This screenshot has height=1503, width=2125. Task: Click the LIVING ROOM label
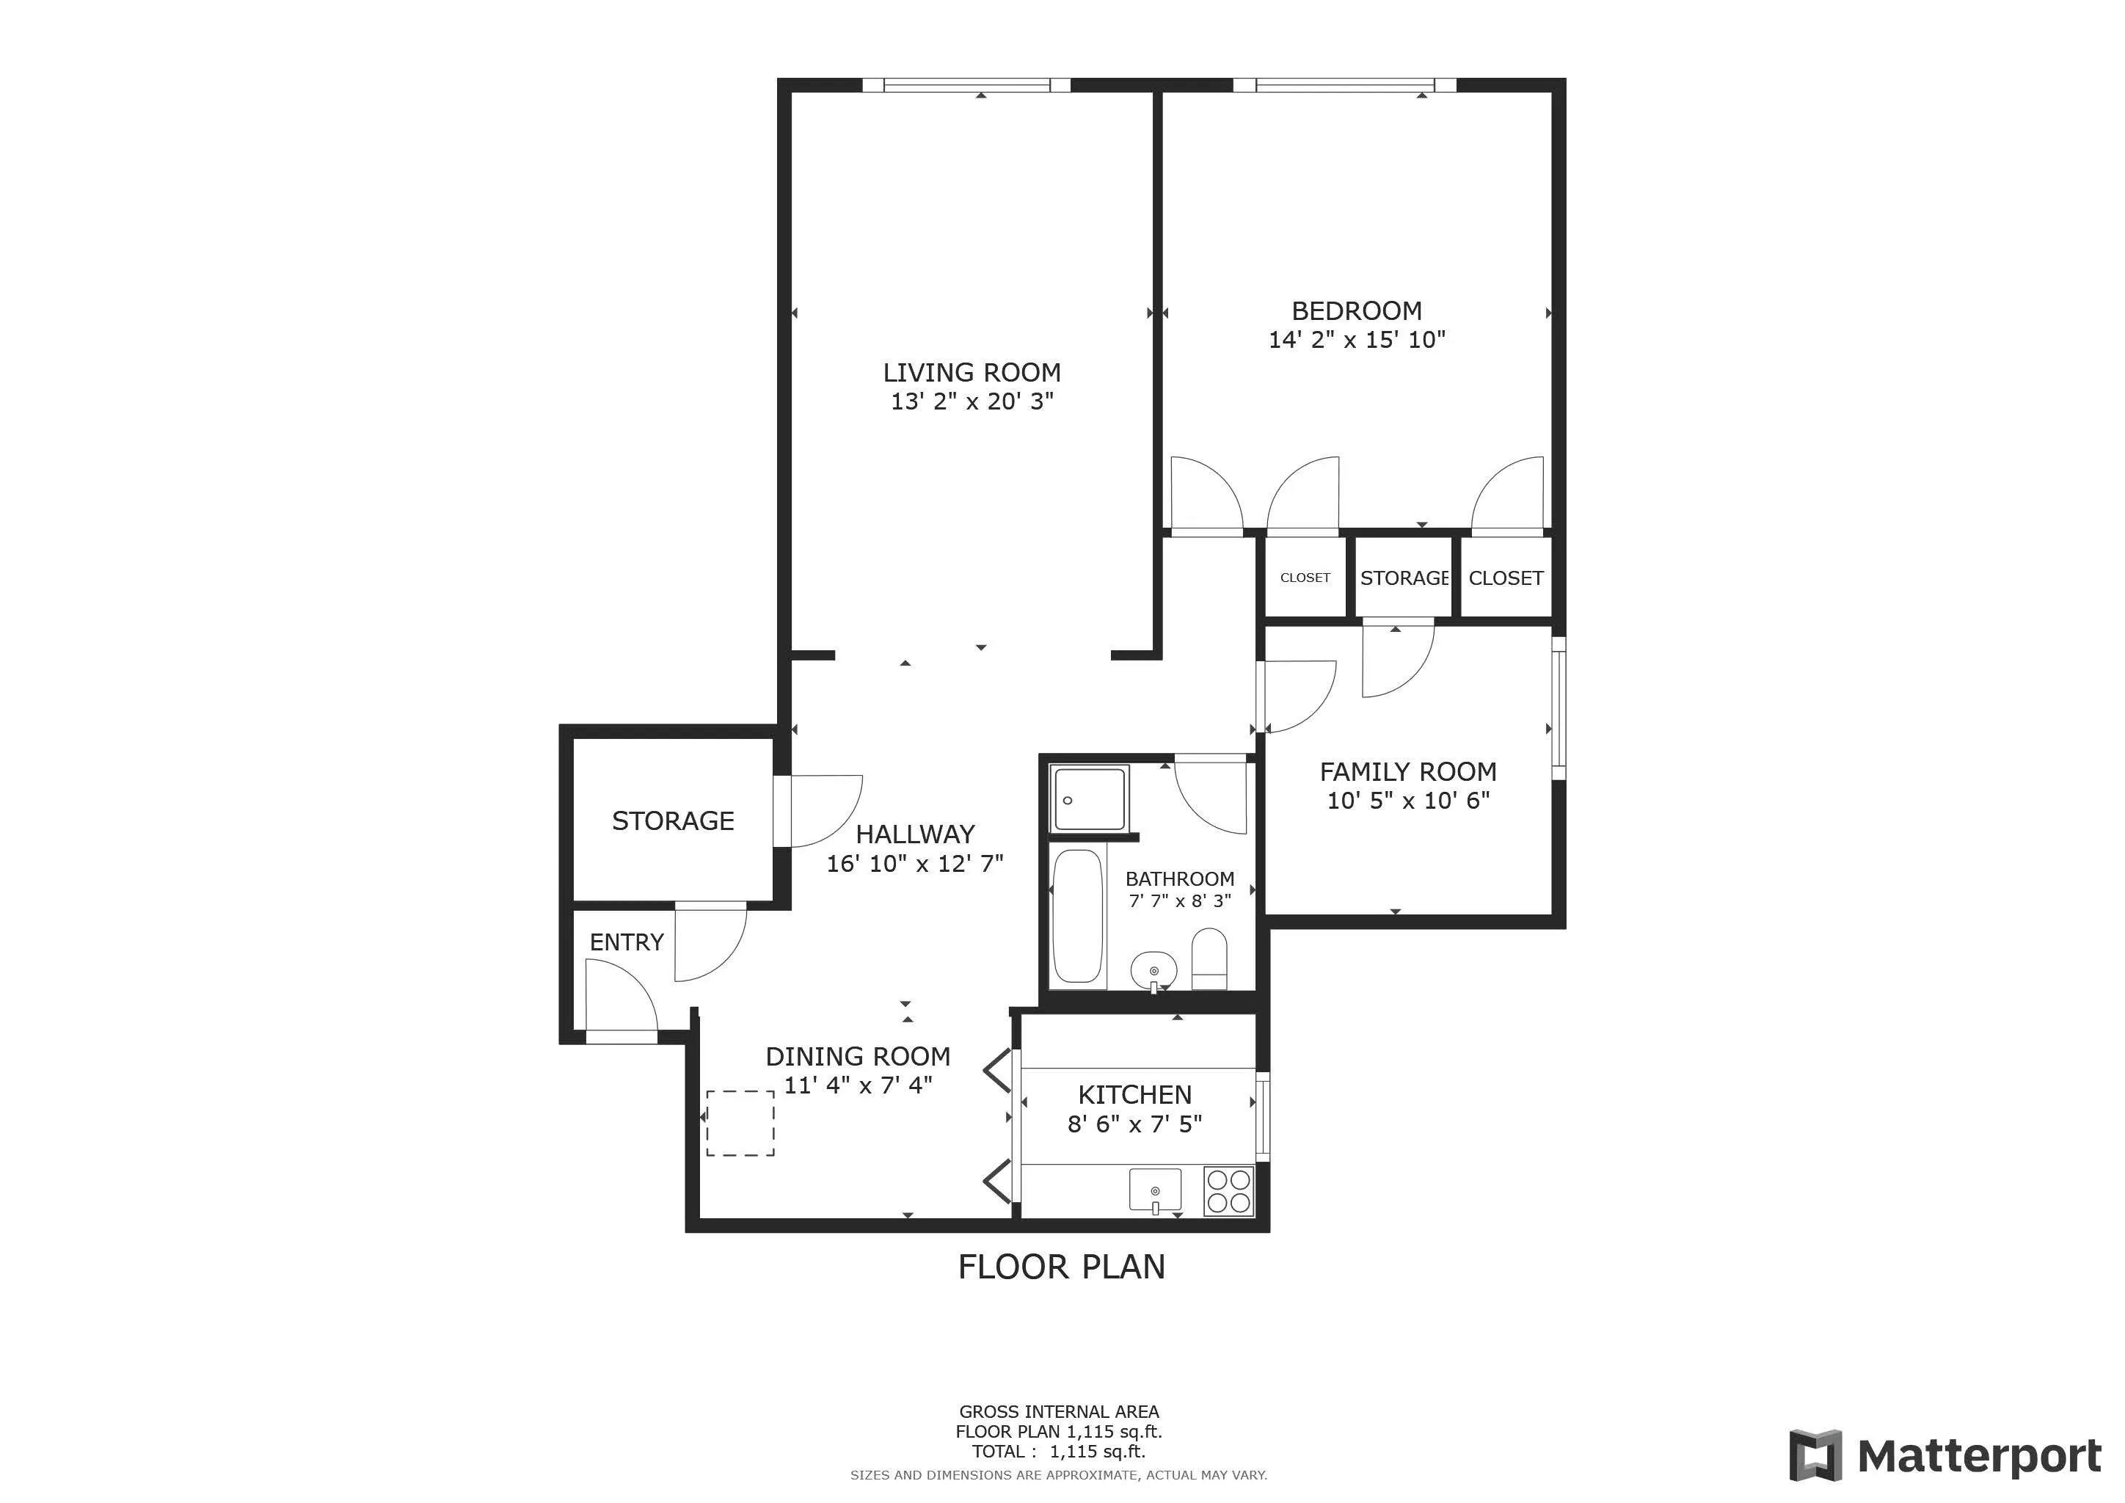pos(971,373)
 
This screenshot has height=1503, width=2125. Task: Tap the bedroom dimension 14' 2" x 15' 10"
pos(1356,340)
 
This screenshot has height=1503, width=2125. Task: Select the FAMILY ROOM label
pos(1407,772)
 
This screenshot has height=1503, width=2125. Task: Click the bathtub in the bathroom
pos(1078,916)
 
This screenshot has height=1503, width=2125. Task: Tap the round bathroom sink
pos(1153,970)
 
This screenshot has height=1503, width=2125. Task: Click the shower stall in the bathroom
pos(1090,798)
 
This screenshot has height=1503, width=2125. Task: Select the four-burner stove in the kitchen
pos(1228,1191)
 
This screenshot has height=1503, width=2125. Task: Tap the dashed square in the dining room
pos(740,1123)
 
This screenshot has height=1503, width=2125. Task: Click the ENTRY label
pos(627,942)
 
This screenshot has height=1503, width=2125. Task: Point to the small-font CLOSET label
pos(1305,578)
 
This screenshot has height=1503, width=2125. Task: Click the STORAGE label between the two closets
pos(1404,578)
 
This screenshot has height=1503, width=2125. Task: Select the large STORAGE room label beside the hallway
pos(673,821)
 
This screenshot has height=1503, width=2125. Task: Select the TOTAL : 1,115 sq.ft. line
pos(1059,1452)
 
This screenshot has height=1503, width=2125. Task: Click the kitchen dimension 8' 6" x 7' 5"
pos(1134,1124)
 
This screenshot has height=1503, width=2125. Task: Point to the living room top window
pos(966,85)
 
